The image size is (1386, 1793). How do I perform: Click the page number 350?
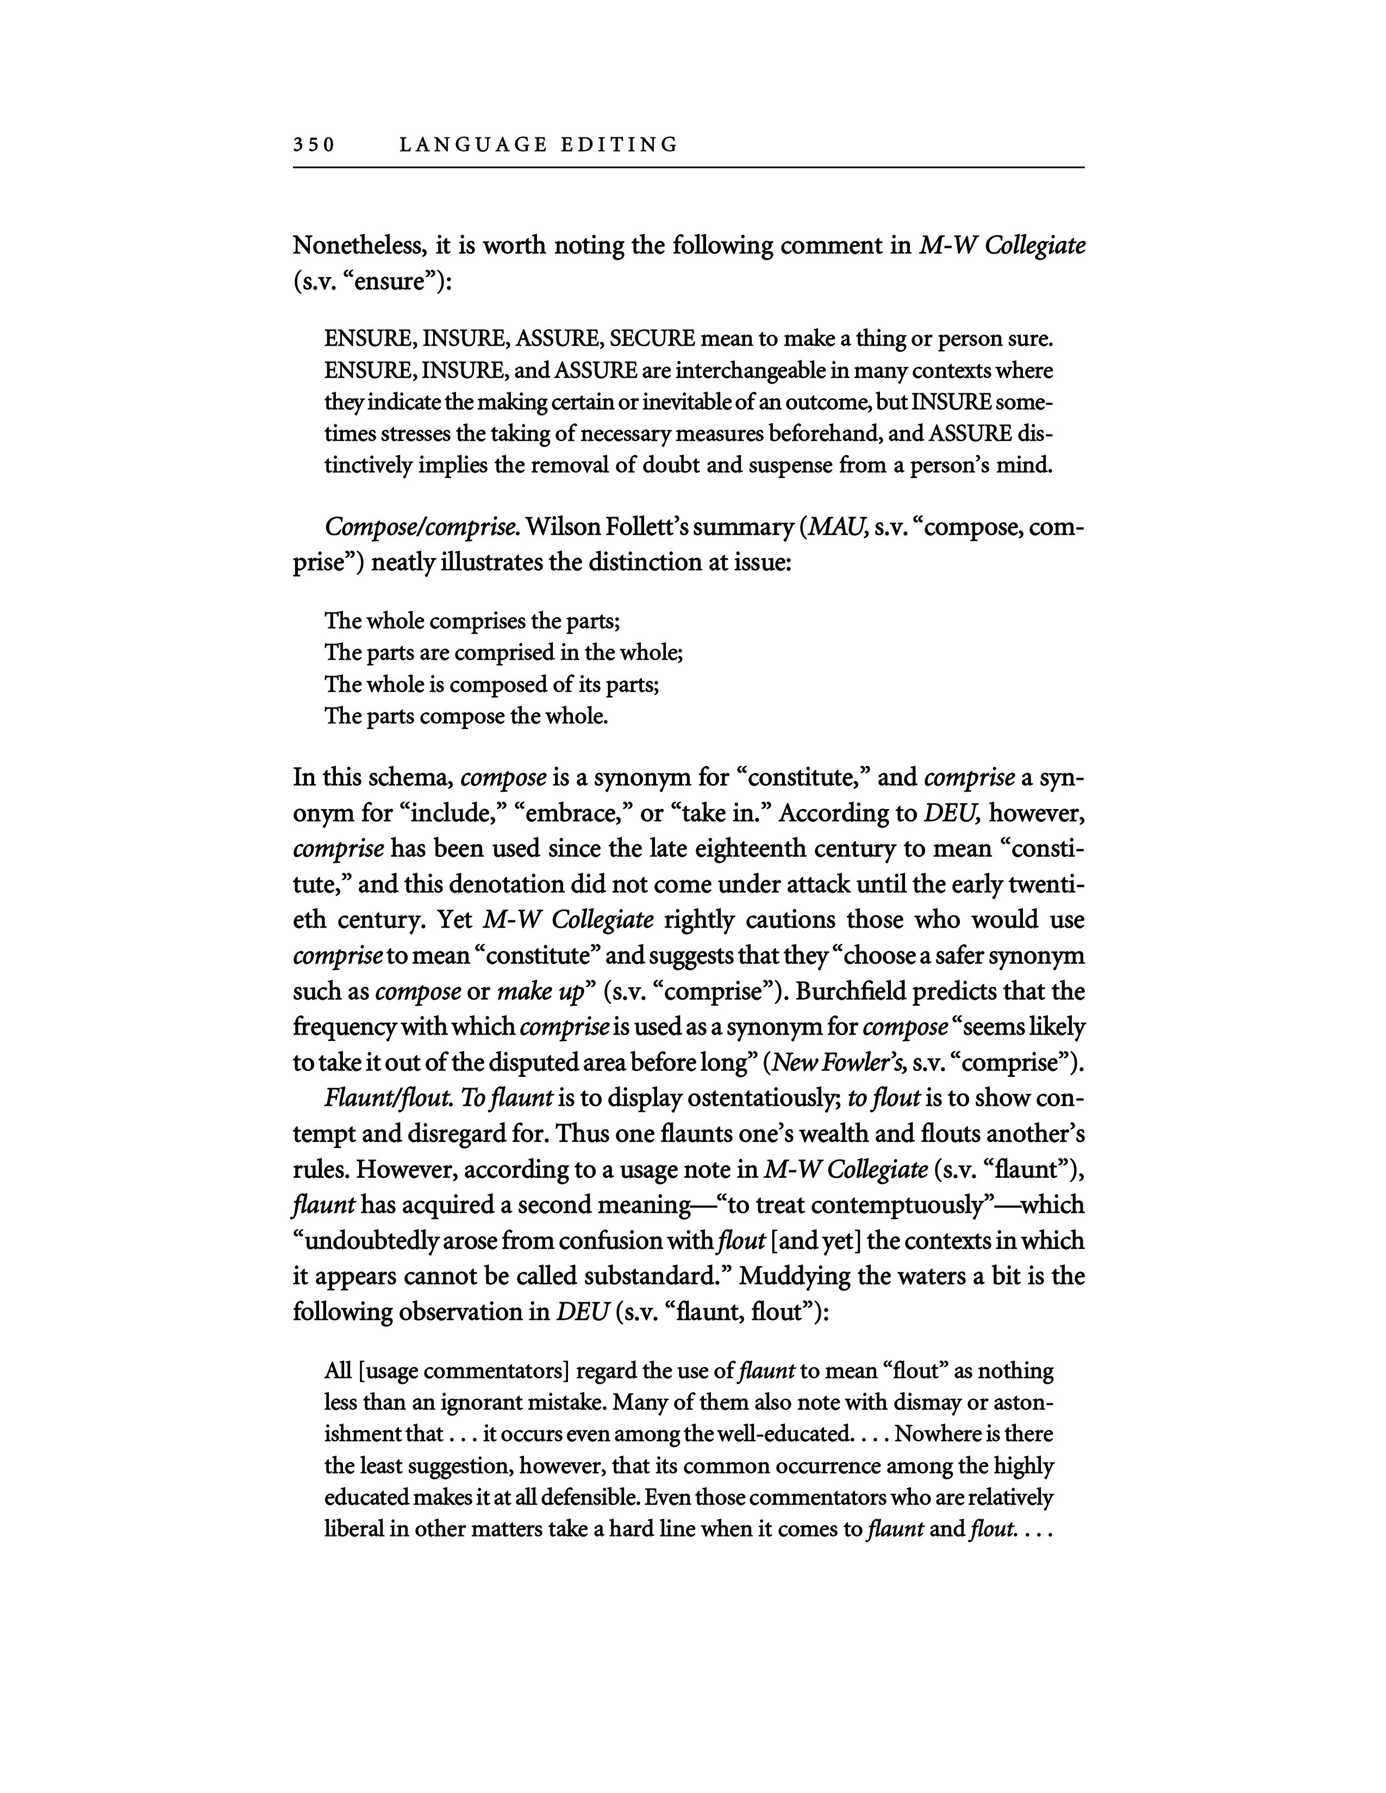[x=314, y=145]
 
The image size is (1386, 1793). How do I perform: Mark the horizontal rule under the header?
[x=688, y=168]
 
